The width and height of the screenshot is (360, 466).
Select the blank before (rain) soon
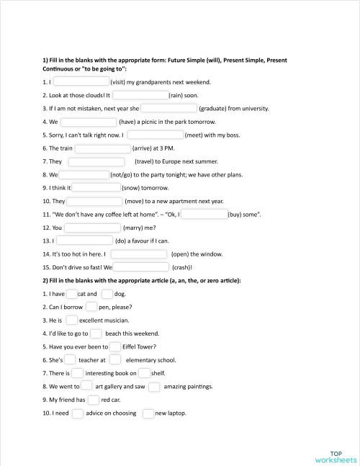[x=140, y=95]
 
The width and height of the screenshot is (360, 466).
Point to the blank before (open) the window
[x=139, y=254]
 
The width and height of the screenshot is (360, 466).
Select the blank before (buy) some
[x=204, y=214]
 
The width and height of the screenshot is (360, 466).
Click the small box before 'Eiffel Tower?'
[x=115, y=346]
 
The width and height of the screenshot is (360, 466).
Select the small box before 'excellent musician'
[x=72, y=320]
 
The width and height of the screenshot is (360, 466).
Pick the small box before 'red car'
[x=94, y=399]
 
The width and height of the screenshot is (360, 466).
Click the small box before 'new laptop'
[x=148, y=413]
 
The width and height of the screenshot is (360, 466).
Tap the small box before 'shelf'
[x=145, y=373]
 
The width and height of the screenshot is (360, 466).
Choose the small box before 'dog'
[x=107, y=294]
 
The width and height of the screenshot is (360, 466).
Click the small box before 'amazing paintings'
[x=154, y=386]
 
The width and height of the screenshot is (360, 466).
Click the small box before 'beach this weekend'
[x=96, y=333]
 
